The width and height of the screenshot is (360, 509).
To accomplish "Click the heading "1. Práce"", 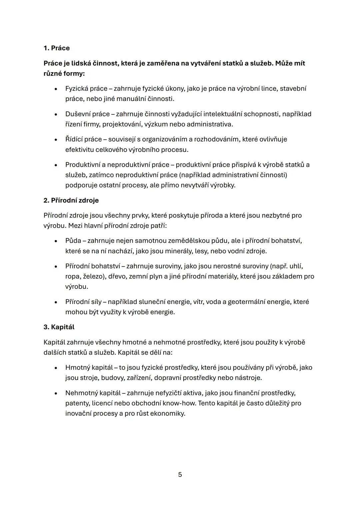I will (57, 48).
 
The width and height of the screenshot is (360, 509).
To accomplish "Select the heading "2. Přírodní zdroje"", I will (71, 200).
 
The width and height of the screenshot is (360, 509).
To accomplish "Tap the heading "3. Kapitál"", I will (59, 327).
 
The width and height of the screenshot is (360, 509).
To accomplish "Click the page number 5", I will (180, 474).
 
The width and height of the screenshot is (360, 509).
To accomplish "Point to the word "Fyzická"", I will (77, 89).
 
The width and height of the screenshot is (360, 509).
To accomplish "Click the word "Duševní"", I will (78, 114).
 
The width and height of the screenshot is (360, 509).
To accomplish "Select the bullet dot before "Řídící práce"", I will (56, 139).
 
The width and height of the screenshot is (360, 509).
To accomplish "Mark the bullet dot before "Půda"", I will (56, 241).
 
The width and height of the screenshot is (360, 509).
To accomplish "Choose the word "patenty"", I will (77, 403).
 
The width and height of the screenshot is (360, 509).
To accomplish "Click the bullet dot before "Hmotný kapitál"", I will (56, 368).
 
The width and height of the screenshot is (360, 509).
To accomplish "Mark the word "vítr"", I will (198, 302).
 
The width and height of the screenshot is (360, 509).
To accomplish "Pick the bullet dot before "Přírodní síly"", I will (56, 302).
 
